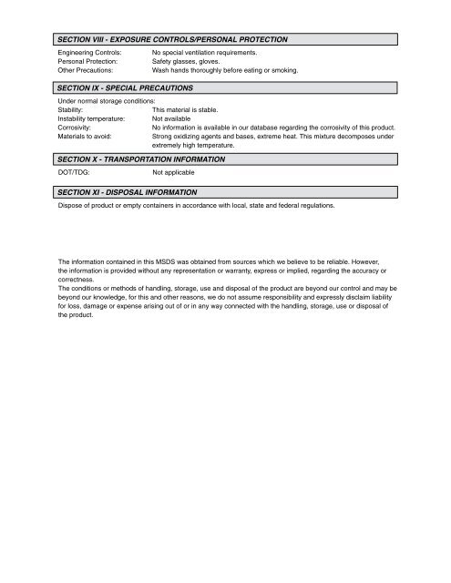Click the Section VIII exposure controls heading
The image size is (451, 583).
coord(172,40)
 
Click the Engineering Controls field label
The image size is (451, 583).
coord(89,54)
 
